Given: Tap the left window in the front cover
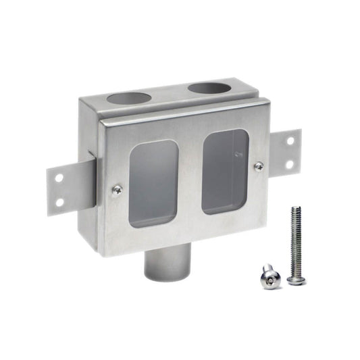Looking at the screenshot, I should tap(153, 183).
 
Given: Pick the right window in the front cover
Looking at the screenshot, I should tap(225, 172).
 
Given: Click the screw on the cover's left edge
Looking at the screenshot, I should tap(118, 190).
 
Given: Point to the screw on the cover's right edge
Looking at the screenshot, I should tap(259, 166).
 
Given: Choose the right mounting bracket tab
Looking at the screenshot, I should tap(285, 152).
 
